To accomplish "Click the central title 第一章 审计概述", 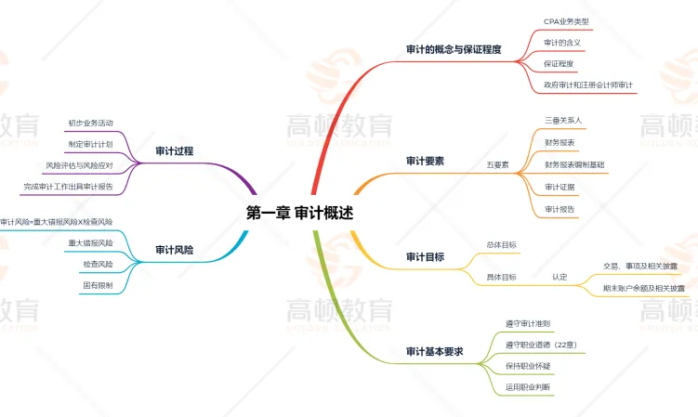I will [x=299, y=213].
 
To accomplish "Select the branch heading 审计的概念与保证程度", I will [x=454, y=49].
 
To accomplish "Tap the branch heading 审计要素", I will [x=426, y=161].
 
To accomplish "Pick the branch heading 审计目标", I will [x=426, y=256].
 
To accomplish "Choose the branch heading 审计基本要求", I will [x=435, y=352].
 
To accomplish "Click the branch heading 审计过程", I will [x=175, y=150].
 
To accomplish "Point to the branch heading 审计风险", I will [x=175, y=249].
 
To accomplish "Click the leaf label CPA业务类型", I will [x=566, y=20].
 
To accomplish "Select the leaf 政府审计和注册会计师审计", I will [x=589, y=85].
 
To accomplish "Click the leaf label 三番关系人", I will [x=563, y=121].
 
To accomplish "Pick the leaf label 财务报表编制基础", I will [x=574, y=164].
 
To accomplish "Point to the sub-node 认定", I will [x=559, y=276].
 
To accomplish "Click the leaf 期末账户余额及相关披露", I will [x=643, y=288].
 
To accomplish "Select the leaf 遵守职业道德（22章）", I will [x=540, y=345].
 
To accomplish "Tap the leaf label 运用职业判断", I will [x=528, y=385].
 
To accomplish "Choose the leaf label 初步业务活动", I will [x=90, y=123].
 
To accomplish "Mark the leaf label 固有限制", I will [x=98, y=285].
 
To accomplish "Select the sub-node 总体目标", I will [x=501, y=244].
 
